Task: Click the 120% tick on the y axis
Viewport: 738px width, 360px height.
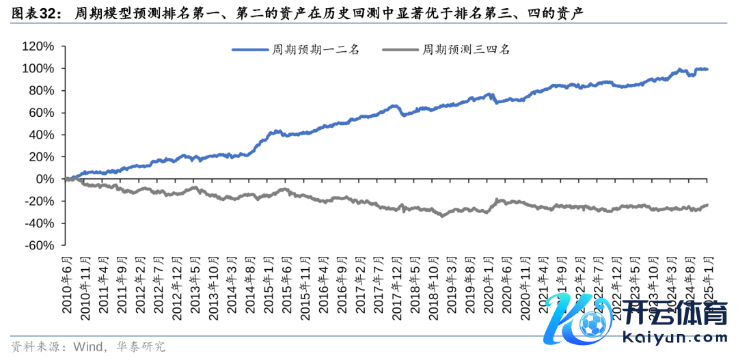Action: point(39,46)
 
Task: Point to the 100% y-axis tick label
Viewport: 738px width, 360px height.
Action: point(39,68)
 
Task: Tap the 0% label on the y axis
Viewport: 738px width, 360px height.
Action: point(44,179)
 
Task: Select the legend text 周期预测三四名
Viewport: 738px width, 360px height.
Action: point(465,49)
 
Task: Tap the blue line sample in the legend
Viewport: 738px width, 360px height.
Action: point(249,49)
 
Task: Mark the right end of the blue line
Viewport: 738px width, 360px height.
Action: point(707,69)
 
